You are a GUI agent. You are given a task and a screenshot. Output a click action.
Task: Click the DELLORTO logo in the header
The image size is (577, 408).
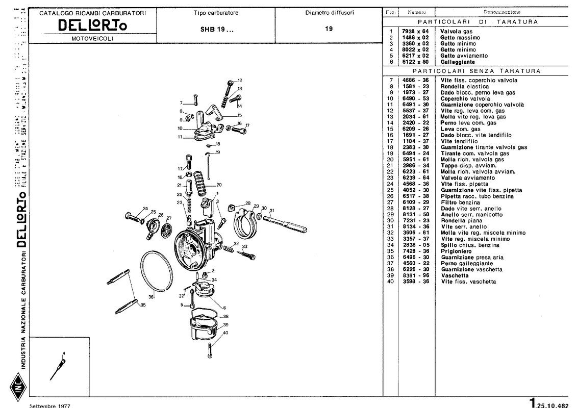(92, 25)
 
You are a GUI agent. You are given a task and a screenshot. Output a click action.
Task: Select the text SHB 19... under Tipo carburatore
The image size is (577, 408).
(217, 29)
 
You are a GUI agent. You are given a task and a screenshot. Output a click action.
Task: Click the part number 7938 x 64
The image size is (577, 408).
(415, 32)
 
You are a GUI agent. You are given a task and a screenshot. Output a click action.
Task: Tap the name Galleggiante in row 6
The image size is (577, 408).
(457, 62)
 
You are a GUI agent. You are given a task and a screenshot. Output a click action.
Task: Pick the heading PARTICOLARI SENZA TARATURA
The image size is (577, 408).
(476, 71)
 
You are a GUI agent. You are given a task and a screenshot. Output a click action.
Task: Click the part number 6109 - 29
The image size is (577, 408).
(415, 202)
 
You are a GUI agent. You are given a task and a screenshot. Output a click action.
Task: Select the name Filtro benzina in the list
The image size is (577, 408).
(460, 202)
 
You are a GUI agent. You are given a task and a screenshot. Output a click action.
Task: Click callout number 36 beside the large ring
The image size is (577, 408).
(151, 297)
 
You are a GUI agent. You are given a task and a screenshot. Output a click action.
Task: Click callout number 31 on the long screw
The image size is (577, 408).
(272, 210)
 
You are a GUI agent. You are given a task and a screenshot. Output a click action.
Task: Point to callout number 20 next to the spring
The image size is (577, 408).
(219, 185)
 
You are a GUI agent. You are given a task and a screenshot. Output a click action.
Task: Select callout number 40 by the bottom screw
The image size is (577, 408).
(225, 333)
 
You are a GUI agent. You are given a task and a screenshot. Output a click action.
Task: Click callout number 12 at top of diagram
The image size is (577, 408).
(239, 81)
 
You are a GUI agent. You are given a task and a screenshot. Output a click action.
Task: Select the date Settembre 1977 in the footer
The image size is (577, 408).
(50, 405)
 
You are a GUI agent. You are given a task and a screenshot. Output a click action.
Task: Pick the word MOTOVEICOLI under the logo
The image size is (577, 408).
(92, 38)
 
